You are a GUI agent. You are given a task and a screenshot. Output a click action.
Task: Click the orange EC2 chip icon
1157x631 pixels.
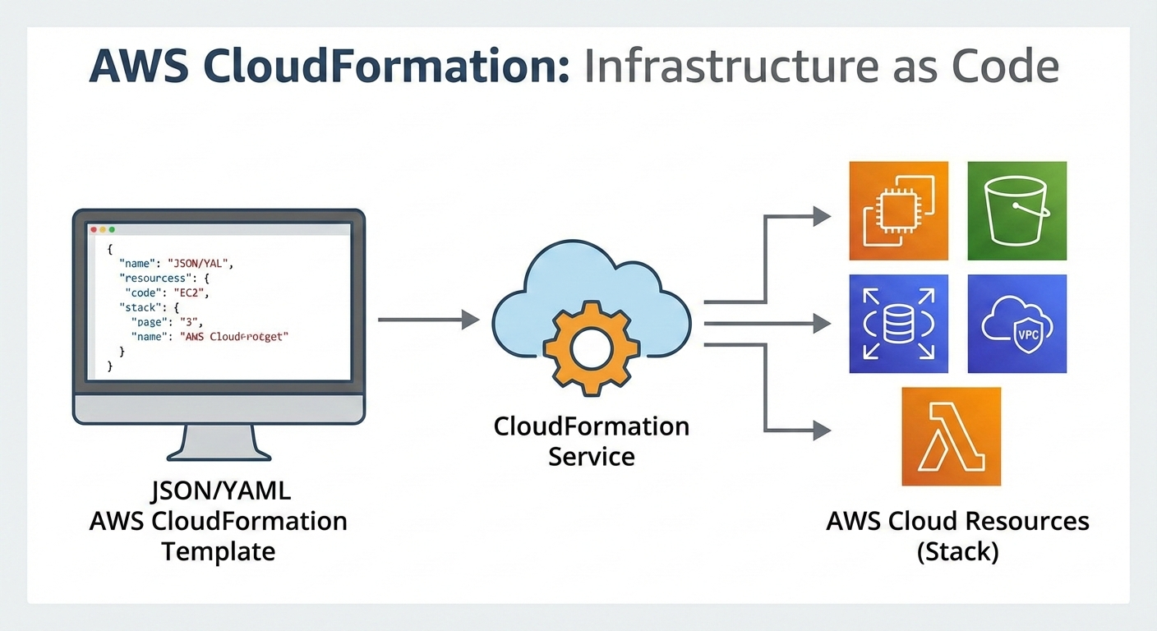coord(898,210)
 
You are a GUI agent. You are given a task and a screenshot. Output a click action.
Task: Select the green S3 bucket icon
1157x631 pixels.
coord(1016,210)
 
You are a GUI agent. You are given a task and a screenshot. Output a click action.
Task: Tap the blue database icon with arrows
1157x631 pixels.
coord(898,324)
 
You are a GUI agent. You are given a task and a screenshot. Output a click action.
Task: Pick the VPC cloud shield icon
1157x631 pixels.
coord(1016,324)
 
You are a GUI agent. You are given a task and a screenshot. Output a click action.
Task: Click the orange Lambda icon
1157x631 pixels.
coord(951,436)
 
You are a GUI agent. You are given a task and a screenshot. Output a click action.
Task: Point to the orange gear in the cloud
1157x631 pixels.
coord(589,344)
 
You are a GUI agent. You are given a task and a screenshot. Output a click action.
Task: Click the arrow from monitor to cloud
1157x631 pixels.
coord(427,320)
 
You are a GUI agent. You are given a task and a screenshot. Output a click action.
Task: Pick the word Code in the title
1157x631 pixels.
coord(1011,67)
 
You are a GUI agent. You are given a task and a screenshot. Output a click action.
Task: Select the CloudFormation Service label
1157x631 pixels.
coord(591,441)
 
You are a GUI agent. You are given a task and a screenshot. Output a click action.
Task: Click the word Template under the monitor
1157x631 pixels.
coord(218,550)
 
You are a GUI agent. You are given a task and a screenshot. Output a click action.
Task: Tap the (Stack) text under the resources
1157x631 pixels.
coord(957,551)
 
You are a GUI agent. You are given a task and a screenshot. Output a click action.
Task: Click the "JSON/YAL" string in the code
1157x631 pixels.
coord(201,263)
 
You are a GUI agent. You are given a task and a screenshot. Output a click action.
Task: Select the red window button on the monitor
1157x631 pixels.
coord(94,230)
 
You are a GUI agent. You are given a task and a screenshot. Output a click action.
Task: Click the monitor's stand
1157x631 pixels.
coord(219,444)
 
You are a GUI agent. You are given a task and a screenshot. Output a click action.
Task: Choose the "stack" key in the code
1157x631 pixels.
coord(137,307)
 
